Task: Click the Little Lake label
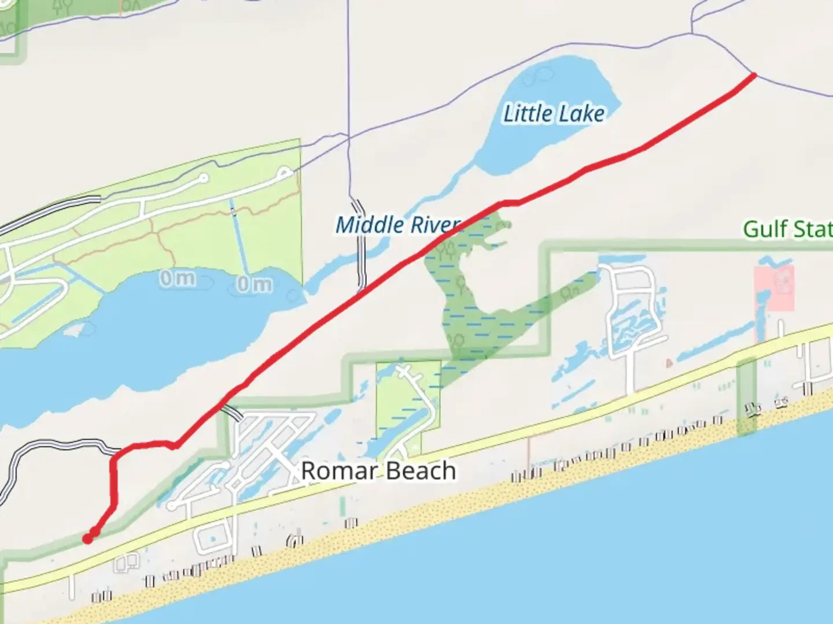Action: coord(554,113)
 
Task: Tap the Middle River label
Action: coord(398,225)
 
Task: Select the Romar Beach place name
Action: coord(378,471)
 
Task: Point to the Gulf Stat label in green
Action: coord(787,229)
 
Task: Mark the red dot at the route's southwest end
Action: coord(87,539)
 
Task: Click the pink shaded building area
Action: coord(775,288)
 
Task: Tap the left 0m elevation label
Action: coord(178,278)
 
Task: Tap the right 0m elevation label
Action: coord(254,284)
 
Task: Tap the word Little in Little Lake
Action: coord(526,113)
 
